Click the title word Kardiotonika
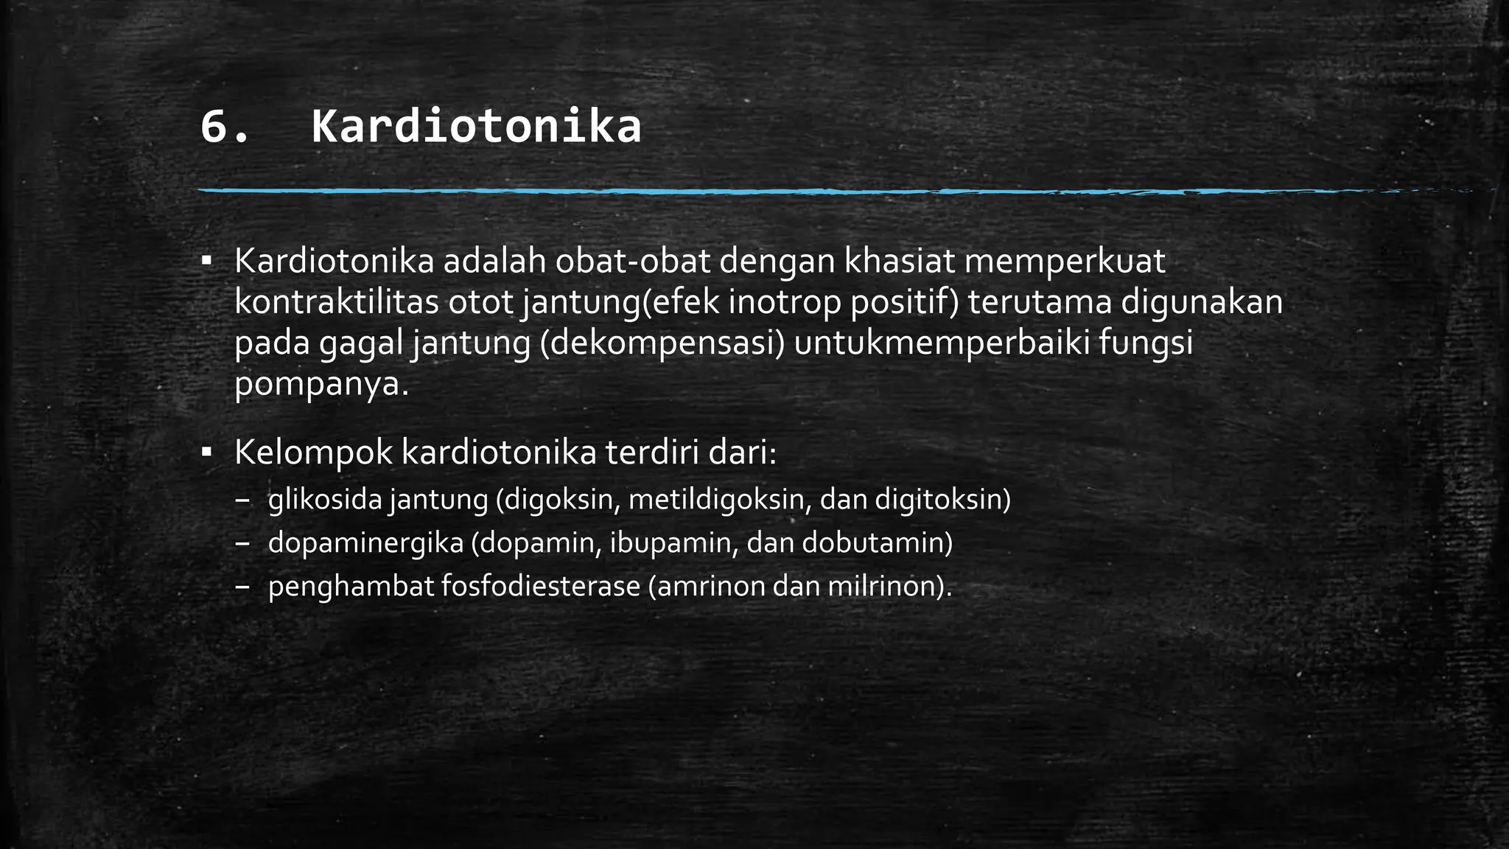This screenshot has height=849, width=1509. [476, 127]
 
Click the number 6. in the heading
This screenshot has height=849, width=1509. [225, 127]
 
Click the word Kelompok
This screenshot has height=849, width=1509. [314, 453]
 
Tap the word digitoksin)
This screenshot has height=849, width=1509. [942, 500]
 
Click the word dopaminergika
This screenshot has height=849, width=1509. [365, 544]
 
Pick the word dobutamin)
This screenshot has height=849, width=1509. [877, 544]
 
